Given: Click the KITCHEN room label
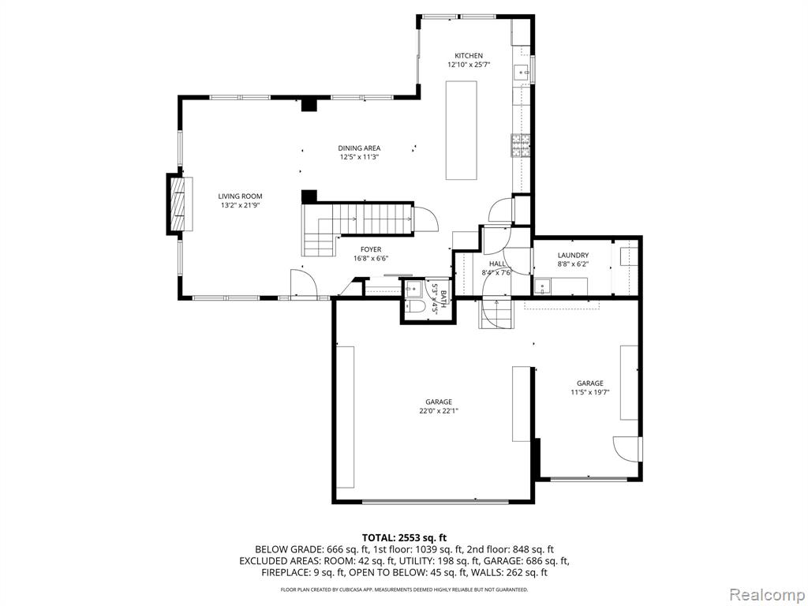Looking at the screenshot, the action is click(469, 56).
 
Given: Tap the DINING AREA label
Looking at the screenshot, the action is click(359, 148).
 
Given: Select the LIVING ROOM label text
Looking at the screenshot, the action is click(240, 196).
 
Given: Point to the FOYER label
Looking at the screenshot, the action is click(371, 249).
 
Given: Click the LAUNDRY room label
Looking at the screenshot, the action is click(573, 255).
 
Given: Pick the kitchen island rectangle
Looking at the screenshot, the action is click(461, 130).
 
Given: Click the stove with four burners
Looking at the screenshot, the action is click(521, 145).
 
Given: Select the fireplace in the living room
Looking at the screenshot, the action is click(180, 204).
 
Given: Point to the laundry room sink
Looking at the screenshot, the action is click(542, 287).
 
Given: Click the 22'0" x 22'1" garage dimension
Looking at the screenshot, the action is click(439, 411).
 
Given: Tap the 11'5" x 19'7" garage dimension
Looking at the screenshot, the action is click(589, 392).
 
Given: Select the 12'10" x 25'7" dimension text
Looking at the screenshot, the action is click(469, 65).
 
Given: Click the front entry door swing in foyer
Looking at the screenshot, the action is click(303, 283).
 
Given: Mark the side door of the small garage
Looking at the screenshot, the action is click(627, 449).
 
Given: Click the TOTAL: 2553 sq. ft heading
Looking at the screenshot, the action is click(404, 538).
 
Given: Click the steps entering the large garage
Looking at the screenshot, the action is click(496, 314).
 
